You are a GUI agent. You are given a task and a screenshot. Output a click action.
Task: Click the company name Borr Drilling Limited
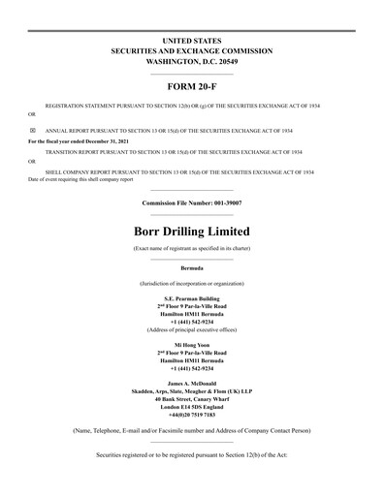pyautogui.click(x=191, y=232)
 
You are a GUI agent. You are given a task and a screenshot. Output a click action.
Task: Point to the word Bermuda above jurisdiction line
pyautogui.click(x=191, y=266)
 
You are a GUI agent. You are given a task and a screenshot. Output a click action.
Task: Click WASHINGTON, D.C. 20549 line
pyautogui.click(x=191, y=61)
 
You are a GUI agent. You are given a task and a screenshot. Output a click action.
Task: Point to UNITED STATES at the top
pyautogui.click(x=191, y=40)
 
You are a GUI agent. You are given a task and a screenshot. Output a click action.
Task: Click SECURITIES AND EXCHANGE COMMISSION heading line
pyautogui.click(x=191, y=50)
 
